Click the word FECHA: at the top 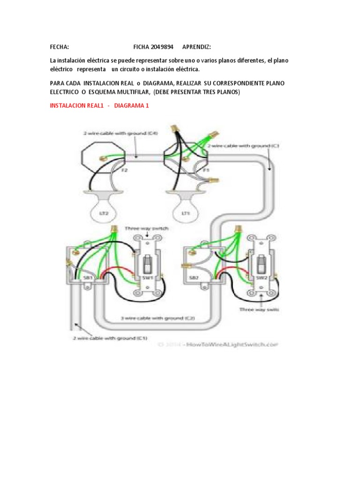pyautogui.click(x=60, y=47)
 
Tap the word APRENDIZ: pyautogui.click(x=196, y=47)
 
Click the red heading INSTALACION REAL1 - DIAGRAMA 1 pyautogui.click(x=99, y=105)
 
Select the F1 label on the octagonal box pyautogui.click(x=205, y=171)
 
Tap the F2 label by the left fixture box pyautogui.click(x=125, y=171)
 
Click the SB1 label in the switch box pyautogui.click(x=87, y=277)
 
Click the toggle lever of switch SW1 pyautogui.click(x=148, y=263)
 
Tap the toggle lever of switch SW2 pyautogui.click(x=260, y=263)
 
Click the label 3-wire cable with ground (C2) pyautogui.click(x=157, y=318)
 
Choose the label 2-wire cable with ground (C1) pyautogui.click(x=110, y=337)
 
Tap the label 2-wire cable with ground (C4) pyautogui.click(x=120, y=133)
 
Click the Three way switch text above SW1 pyautogui.click(x=146, y=228)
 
